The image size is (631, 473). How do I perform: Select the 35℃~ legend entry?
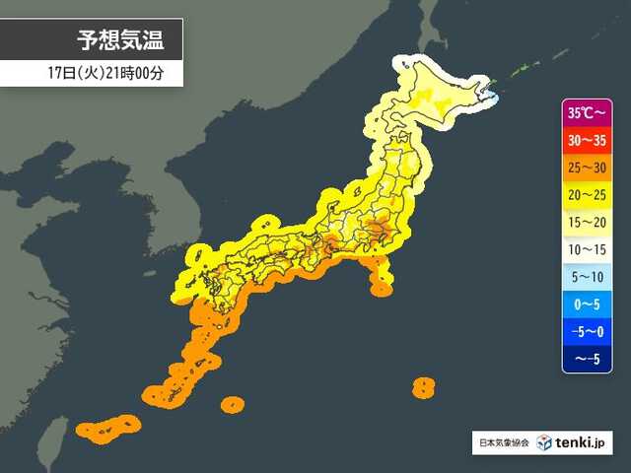589,112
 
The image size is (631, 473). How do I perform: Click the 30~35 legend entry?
589,141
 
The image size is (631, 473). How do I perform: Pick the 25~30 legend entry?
589,169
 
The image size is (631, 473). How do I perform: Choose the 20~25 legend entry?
589,196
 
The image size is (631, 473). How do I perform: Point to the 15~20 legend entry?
589,224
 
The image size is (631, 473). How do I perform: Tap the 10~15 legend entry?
589,251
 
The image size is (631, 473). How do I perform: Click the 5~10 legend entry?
589,279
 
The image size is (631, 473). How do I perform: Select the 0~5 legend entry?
589,306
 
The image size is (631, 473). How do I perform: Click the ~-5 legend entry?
589,361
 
